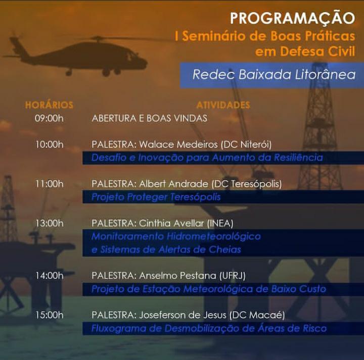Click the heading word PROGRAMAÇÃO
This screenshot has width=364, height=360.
[292, 18]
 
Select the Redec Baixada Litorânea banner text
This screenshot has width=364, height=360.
[274, 75]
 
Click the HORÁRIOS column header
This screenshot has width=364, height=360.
[49, 105]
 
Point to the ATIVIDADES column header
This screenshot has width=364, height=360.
[223, 105]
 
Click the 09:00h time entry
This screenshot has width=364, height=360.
[49, 118]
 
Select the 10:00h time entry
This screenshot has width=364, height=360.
[49, 144]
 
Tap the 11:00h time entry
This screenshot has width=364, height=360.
[49, 184]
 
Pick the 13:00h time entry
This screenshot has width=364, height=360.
[49, 223]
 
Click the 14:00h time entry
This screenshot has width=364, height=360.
[49, 276]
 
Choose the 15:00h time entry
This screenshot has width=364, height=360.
[49, 315]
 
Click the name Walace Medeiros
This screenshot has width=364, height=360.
[178, 144]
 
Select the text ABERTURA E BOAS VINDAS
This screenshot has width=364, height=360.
[149, 118]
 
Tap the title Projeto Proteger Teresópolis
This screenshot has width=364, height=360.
[156, 197]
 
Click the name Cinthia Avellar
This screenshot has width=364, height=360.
[171, 223]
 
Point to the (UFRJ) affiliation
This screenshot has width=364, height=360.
[232, 276]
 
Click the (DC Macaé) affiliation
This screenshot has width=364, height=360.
[257, 315]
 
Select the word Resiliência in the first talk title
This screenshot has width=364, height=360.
[298, 158]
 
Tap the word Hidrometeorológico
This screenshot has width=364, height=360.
[214, 237]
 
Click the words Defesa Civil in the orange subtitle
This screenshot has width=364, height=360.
[317, 52]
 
